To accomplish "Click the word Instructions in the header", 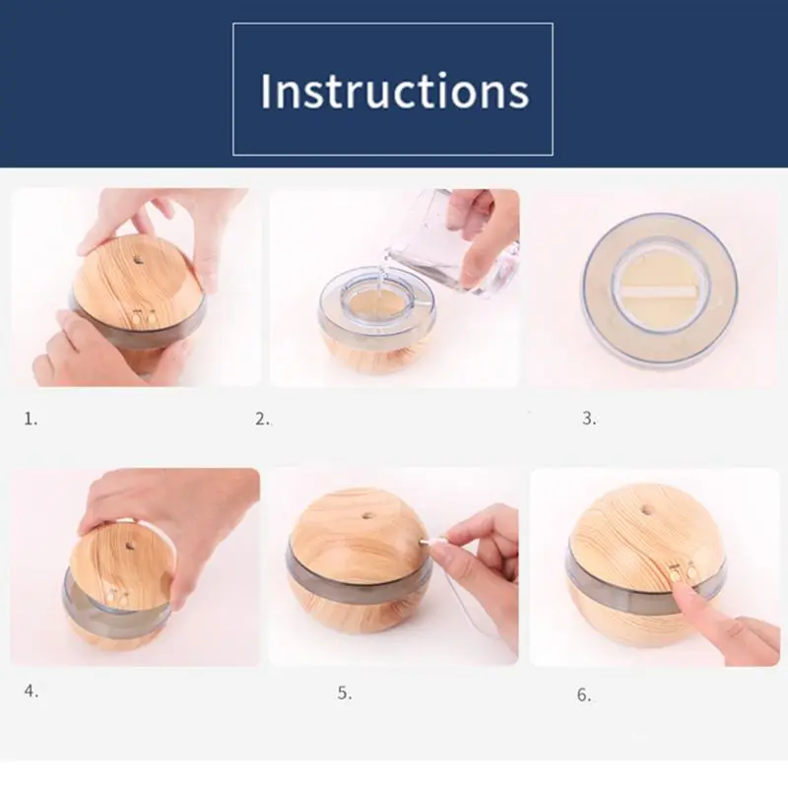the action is [395, 91].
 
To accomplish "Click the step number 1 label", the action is [31, 418].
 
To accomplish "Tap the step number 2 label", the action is [262, 418].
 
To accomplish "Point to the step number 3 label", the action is [589, 418].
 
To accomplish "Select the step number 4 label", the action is [32, 691].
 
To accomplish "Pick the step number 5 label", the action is [344, 693].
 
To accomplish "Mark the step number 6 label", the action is [583, 695].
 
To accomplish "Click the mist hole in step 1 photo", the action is [138, 260].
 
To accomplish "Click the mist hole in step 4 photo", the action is [131, 545].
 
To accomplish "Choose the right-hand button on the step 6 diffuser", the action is [692, 571].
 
